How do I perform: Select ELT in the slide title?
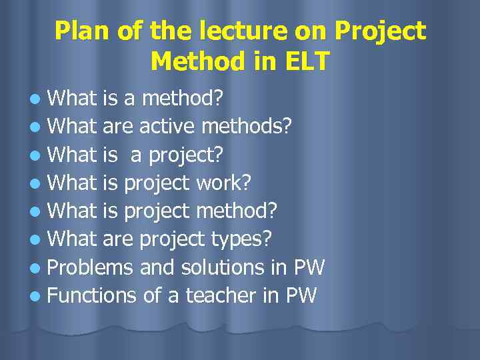click(305, 61)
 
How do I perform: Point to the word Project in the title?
click(381, 31)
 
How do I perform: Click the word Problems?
click(91, 268)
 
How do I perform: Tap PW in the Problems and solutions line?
click(309, 268)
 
